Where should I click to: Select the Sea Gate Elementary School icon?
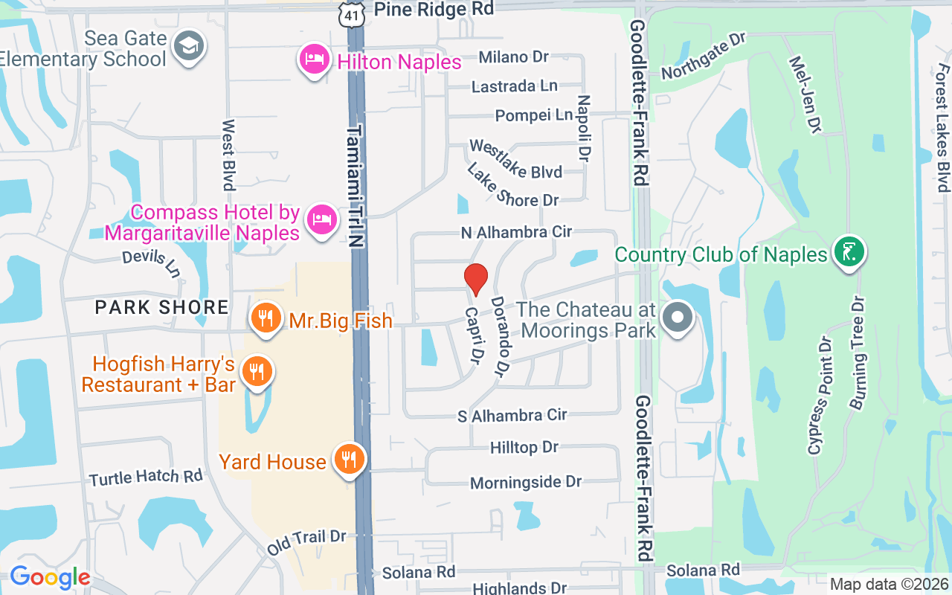(x=188, y=47)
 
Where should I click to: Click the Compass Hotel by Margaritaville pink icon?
(x=321, y=220)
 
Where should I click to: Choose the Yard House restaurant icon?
(x=347, y=459)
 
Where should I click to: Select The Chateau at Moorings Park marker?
(x=677, y=318)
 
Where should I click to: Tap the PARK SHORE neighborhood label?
(x=162, y=306)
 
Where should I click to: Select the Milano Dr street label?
(x=513, y=57)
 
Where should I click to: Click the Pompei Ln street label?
(x=534, y=115)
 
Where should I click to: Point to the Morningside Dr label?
(x=526, y=483)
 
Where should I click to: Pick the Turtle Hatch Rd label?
(x=146, y=476)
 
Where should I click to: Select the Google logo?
(x=50, y=576)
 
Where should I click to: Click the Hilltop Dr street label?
(x=524, y=447)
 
